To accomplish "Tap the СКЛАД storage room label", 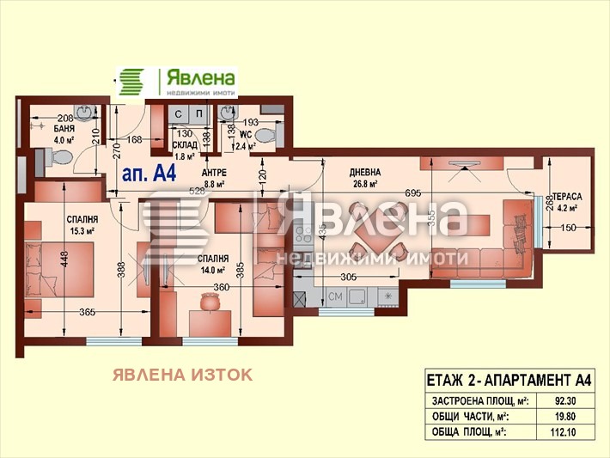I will [x=185, y=145].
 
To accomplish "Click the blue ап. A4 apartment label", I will [x=149, y=173].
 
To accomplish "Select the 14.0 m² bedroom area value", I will [x=211, y=269].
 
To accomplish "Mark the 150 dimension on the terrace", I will [x=567, y=227].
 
